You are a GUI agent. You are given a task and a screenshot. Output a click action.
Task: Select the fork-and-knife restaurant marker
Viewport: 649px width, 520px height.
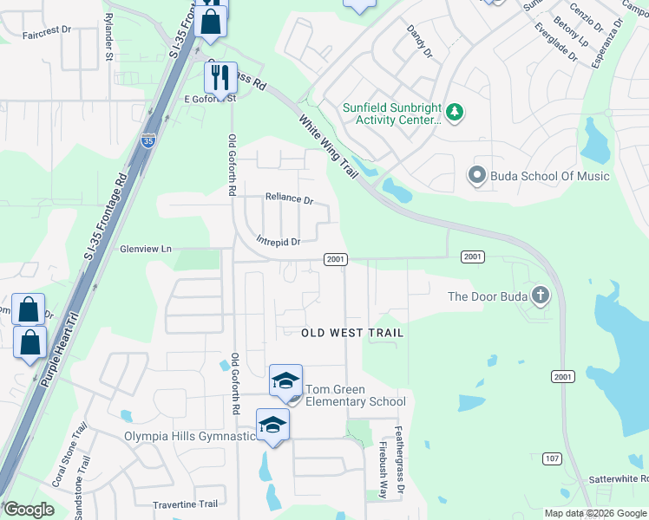220,77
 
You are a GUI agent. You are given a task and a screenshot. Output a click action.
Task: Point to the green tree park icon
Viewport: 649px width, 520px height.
454,111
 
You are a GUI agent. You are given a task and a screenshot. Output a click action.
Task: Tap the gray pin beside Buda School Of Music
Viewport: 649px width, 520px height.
475,176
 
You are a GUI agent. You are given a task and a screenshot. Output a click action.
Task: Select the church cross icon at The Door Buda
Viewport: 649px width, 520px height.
540,296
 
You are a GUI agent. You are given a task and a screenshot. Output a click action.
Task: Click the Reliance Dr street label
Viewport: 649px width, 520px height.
289,198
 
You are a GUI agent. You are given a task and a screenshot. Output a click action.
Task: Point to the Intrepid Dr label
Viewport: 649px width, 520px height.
278,242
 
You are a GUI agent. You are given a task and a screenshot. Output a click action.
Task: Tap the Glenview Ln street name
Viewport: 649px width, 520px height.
145,249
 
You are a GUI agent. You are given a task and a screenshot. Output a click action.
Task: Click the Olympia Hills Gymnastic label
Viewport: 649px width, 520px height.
190,436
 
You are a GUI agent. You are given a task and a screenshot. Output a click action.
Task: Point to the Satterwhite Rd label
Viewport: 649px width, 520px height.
619,478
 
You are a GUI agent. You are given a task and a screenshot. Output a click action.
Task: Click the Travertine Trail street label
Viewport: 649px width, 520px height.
184,504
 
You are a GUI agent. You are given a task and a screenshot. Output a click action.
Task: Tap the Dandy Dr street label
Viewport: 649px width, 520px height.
419,41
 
